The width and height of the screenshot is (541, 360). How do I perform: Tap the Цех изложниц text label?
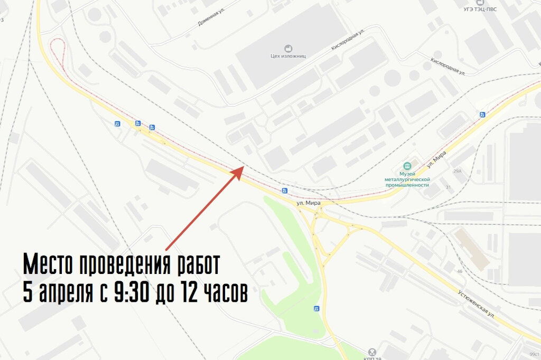pyautogui.click(x=288, y=55)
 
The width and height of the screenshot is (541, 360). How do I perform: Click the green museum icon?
pyautogui.click(x=407, y=166)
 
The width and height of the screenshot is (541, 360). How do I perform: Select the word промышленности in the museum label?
pyautogui.click(x=407, y=185)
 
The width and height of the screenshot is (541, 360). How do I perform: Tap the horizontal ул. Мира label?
pyautogui.click(x=309, y=202)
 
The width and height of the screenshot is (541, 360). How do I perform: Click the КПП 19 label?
pyautogui.click(x=372, y=358)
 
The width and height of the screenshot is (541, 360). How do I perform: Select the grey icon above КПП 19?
pyautogui.click(x=372, y=350)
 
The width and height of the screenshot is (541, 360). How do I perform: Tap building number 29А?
pyautogui.click(x=457, y=171)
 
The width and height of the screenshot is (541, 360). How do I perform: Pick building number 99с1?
pyautogui.click(x=534, y=354)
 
